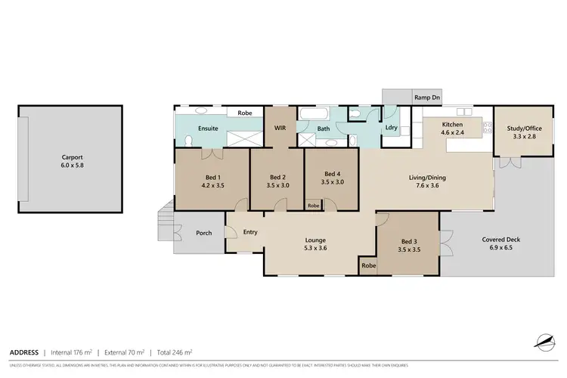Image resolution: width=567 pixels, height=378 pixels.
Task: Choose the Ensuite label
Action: pyautogui.click(x=208, y=129)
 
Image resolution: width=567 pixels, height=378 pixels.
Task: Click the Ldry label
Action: pyautogui.click(x=392, y=127)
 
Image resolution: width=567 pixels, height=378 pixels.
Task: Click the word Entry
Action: pyautogui.click(x=251, y=232)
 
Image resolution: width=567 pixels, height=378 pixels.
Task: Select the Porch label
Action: pyautogui.click(x=204, y=233)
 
